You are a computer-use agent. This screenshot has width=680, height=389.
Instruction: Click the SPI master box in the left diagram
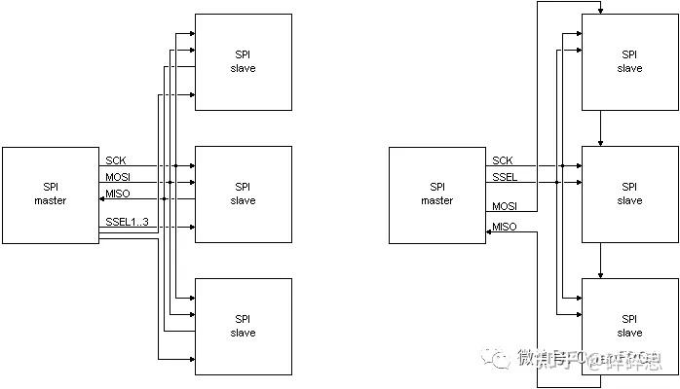tap(50, 194)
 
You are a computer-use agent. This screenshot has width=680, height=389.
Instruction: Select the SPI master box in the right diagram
tap(436, 194)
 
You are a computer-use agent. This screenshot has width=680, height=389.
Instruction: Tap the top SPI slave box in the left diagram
tap(243, 62)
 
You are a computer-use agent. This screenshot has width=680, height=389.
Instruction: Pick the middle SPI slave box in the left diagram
tap(243, 194)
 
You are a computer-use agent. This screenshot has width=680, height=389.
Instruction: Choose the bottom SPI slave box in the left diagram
tap(243, 326)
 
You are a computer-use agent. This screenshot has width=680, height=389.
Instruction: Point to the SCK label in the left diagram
tap(116, 160)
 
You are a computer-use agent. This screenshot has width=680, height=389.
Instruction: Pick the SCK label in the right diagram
tap(503, 160)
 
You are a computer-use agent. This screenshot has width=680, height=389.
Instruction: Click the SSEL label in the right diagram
tap(505, 176)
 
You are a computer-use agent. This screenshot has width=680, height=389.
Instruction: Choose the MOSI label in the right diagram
tap(505, 206)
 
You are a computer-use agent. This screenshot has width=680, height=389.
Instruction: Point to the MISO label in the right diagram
tap(505, 227)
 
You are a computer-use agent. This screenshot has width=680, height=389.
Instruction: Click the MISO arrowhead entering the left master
tap(102, 197)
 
